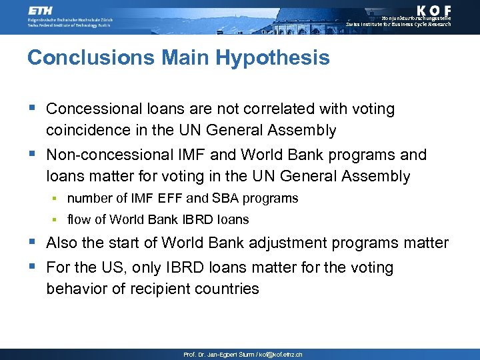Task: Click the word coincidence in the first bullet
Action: [91, 130]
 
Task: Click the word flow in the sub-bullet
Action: [79, 219]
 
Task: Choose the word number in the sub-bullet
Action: [89, 198]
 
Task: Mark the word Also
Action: [62, 243]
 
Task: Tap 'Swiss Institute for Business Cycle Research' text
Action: [399, 25]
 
